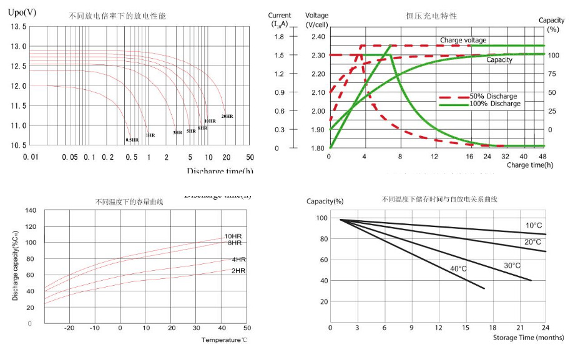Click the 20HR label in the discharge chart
pos(227,116)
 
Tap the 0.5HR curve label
pos(132,140)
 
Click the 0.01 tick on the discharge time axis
pos(30,157)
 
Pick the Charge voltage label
pos(463,40)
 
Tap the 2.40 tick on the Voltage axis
pos(317,37)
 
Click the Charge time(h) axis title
pos(530,165)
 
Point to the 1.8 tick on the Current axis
pos(279,37)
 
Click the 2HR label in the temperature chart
pos(238,271)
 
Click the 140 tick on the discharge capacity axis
pos(31,210)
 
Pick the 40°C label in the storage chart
pos(459,268)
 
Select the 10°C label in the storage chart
pos(534,225)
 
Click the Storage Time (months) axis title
pos(528,338)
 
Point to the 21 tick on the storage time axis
pos(519,327)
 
